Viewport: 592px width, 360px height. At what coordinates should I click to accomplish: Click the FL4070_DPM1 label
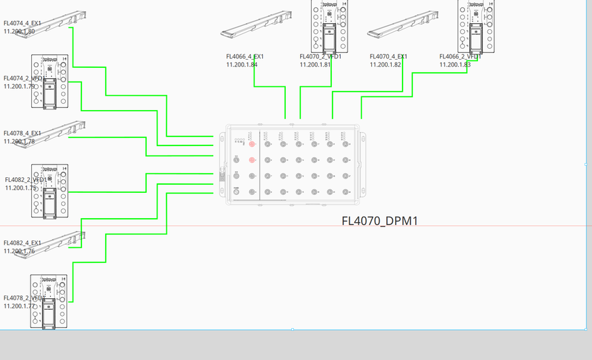click(x=380, y=221)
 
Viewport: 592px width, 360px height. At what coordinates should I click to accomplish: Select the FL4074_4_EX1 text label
click(x=22, y=23)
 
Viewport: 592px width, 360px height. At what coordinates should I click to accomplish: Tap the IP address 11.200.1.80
click(x=19, y=31)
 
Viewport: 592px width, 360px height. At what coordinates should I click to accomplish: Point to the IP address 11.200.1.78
click(x=19, y=141)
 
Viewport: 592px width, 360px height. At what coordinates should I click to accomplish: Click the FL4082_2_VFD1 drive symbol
click(x=50, y=191)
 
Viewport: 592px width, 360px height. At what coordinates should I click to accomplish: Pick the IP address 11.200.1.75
click(x=21, y=188)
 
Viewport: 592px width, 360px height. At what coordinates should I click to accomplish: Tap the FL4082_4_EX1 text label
click(x=22, y=243)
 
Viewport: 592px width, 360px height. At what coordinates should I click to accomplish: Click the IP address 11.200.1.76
click(x=19, y=251)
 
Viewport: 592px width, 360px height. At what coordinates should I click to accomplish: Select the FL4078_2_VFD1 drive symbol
click(x=50, y=302)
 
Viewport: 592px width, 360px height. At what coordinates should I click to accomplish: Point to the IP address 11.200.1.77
click(x=19, y=306)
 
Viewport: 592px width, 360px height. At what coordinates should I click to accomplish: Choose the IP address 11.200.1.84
click(x=242, y=65)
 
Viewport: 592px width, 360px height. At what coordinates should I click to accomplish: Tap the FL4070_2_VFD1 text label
click(x=320, y=56)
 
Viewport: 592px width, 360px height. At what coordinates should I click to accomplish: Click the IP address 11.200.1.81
click(x=316, y=65)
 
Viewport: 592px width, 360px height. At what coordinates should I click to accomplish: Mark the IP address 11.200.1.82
click(x=386, y=65)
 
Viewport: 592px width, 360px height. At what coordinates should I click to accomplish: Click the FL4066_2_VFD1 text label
click(x=460, y=56)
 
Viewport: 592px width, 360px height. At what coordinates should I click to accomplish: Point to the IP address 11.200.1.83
click(x=455, y=65)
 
